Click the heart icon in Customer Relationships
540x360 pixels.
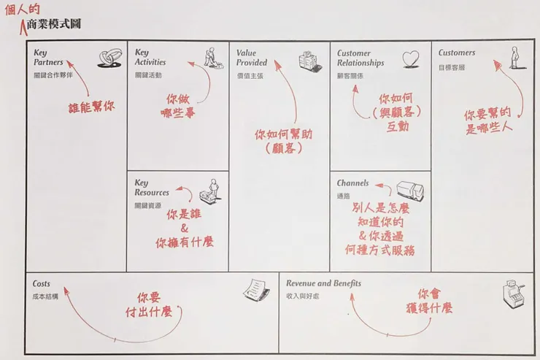click(411, 58)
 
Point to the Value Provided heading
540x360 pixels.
click(252, 58)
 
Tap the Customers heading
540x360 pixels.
click(457, 53)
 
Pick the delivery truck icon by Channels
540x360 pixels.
click(409, 191)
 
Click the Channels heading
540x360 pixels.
click(352, 183)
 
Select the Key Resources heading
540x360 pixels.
click(152, 188)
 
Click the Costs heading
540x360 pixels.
click(42, 283)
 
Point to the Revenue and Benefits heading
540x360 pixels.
click(323, 283)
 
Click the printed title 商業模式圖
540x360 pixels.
click(52, 24)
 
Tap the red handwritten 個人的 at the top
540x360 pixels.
click(21, 9)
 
